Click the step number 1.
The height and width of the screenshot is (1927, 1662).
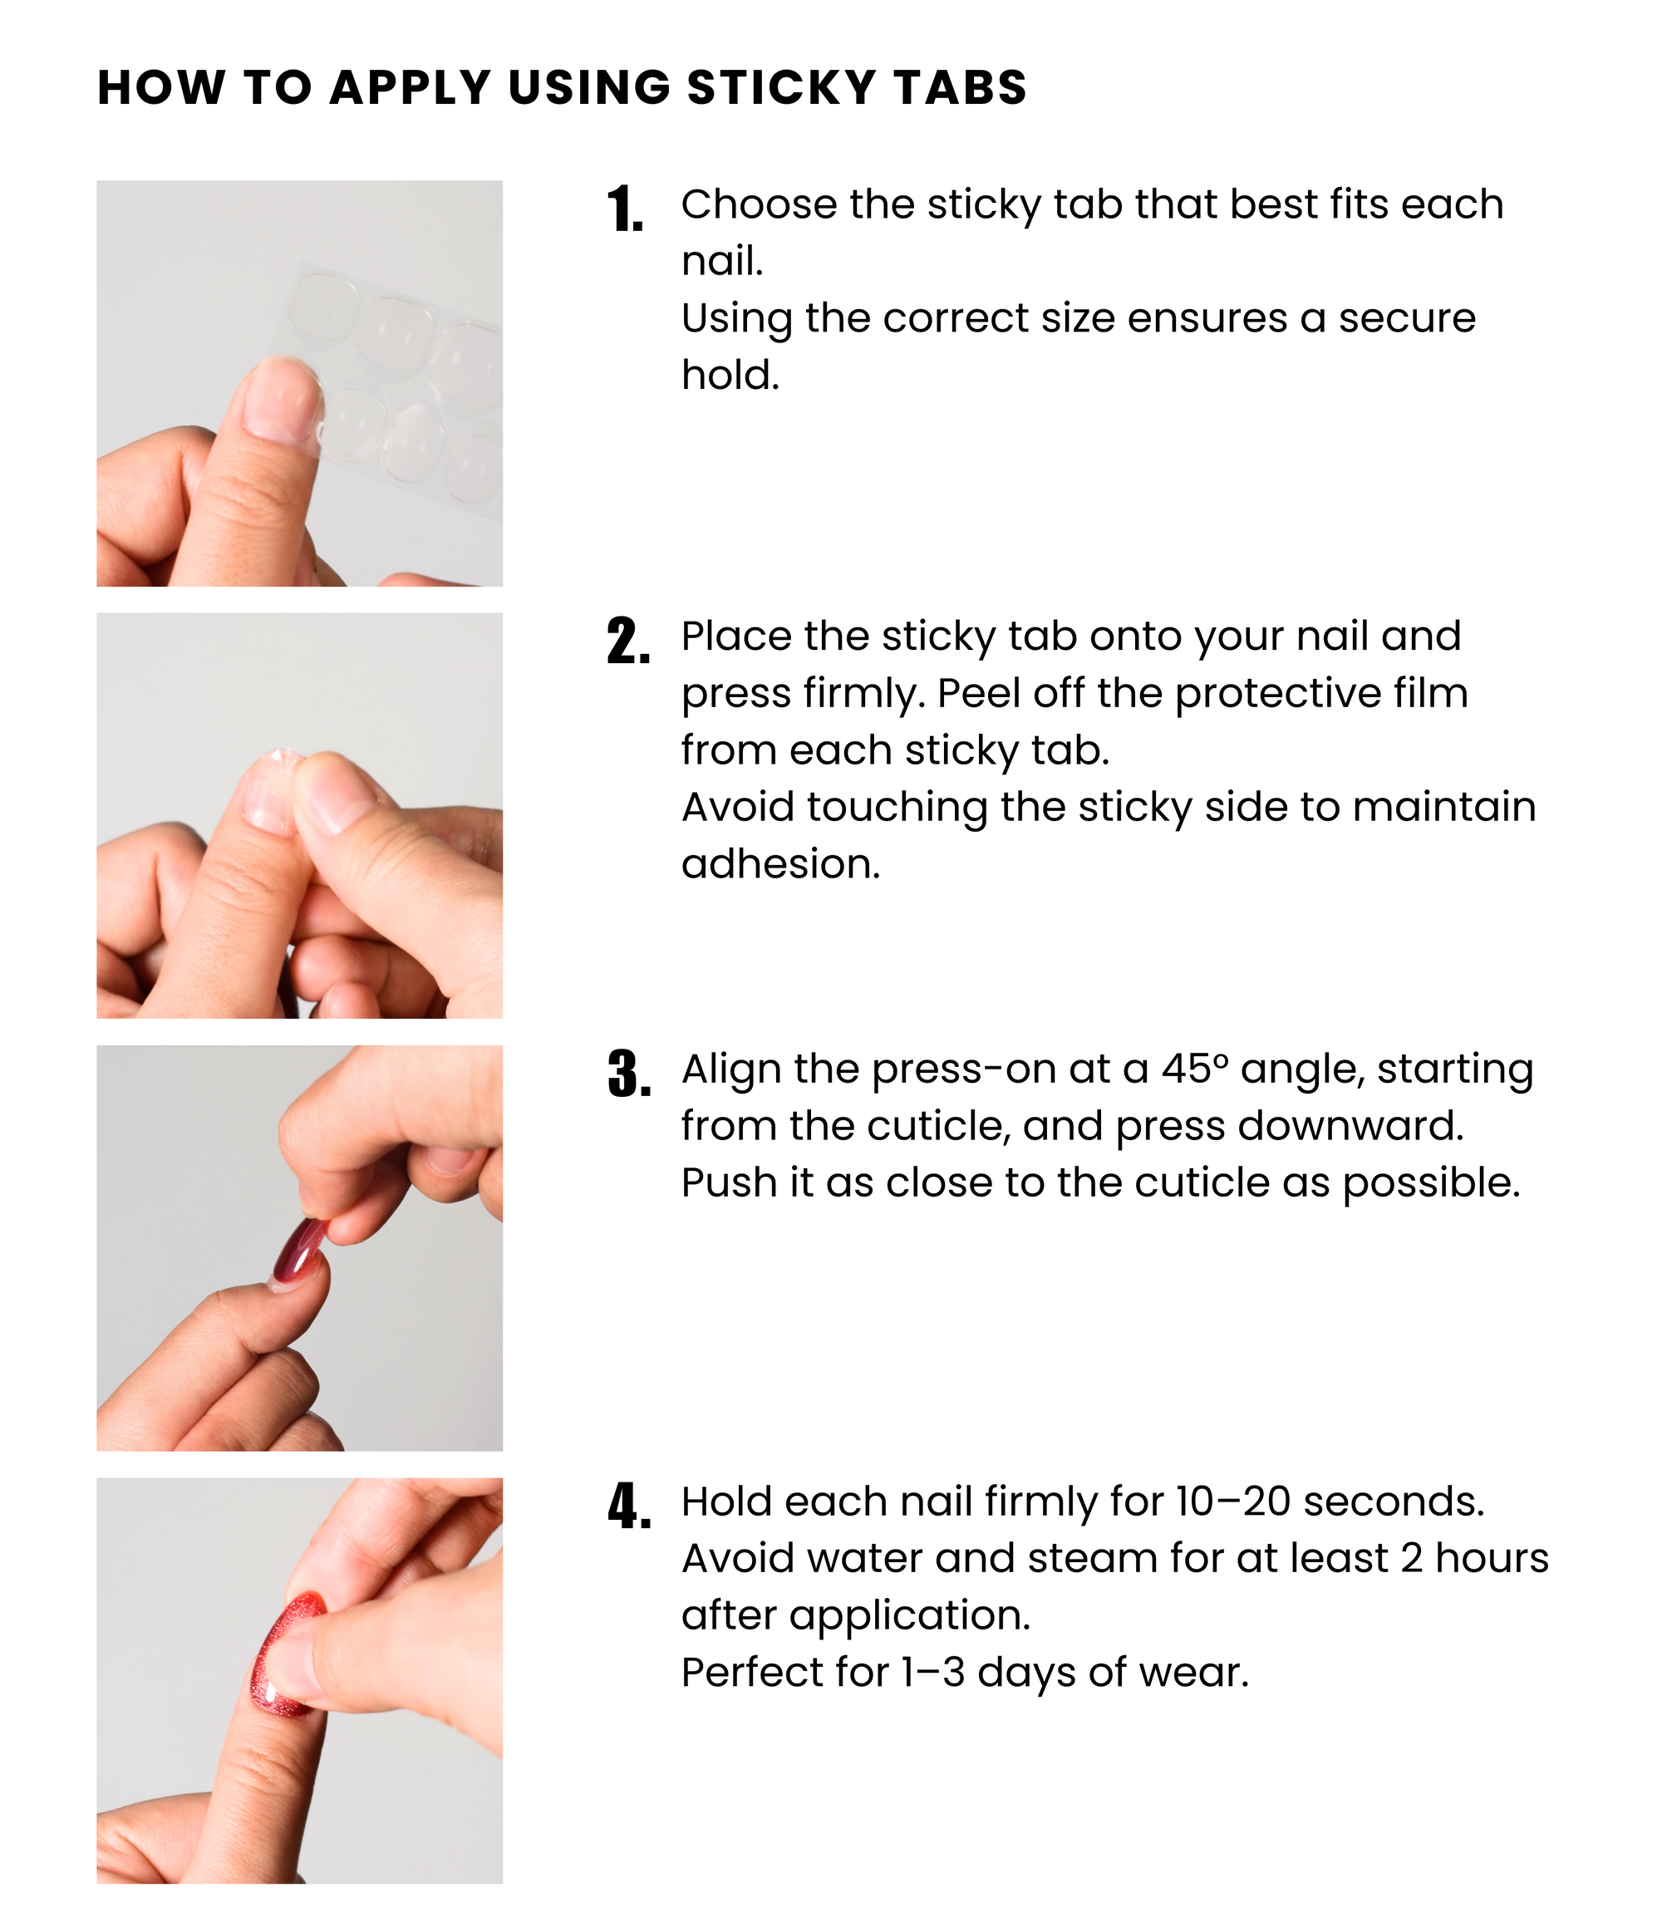point(626,209)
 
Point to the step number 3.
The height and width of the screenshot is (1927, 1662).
point(629,1074)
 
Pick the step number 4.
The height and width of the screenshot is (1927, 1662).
point(629,1507)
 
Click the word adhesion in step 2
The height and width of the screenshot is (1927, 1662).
point(780,864)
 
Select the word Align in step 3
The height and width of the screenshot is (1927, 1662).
point(731,1070)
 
